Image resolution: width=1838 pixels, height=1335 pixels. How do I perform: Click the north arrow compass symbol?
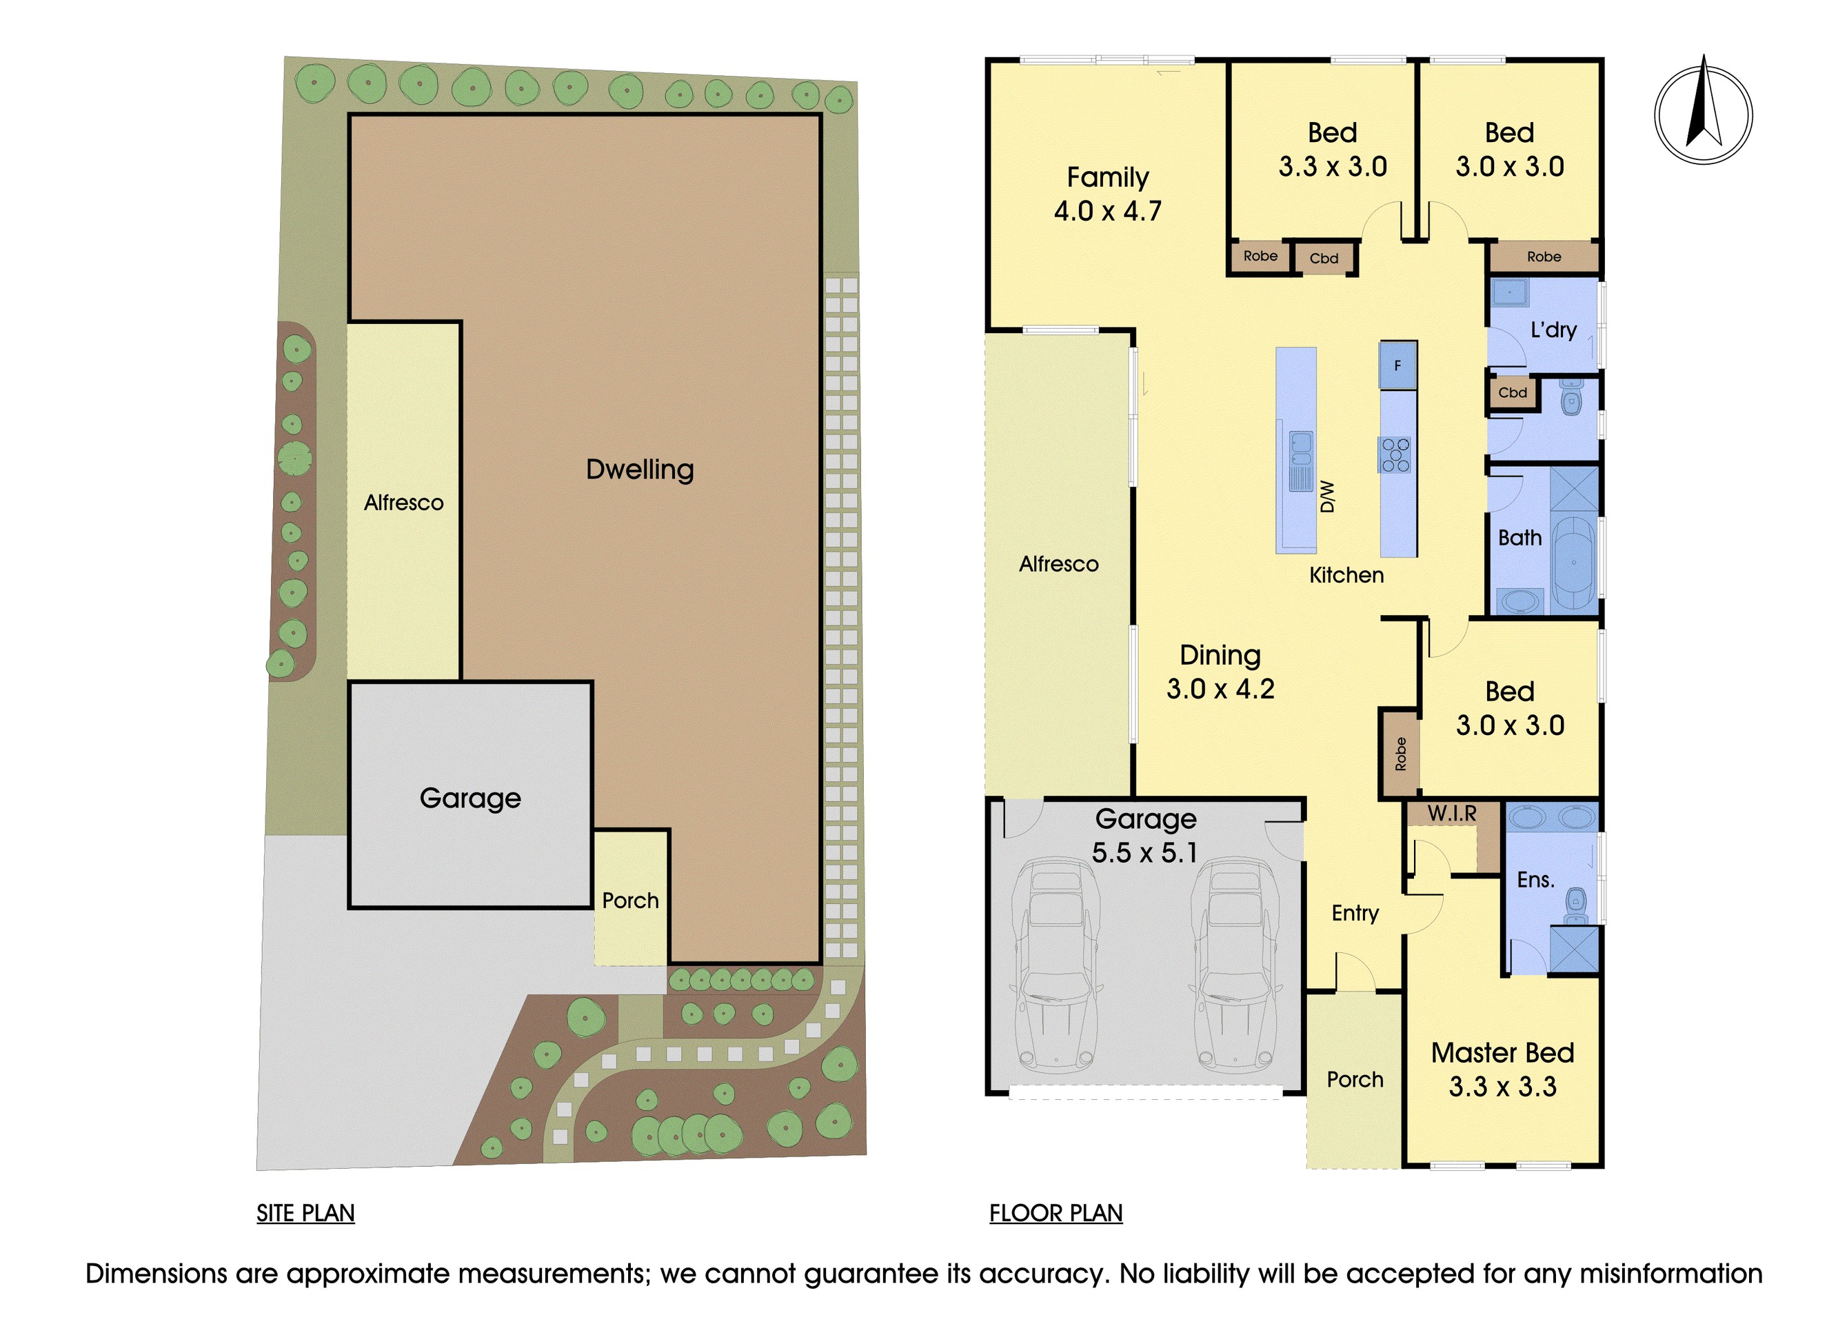[x=1703, y=114]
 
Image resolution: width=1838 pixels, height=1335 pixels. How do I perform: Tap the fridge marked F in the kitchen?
[x=1398, y=365]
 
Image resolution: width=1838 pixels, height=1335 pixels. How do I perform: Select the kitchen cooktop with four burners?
[x=1395, y=454]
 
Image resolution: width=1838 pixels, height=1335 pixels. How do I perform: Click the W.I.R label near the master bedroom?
[x=1451, y=813]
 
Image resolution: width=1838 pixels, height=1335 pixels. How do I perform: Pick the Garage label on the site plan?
[x=470, y=799]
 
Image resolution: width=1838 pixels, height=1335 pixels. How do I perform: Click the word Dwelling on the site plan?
[x=639, y=470]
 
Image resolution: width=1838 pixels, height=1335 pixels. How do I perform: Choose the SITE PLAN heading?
[x=305, y=1214]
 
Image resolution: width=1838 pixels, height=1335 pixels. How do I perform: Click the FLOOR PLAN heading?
[x=1056, y=1214]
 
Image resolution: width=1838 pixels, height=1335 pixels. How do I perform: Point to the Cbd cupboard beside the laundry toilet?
[x=1512, y=393]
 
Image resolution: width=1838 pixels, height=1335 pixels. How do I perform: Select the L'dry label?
[x=1553, y=330]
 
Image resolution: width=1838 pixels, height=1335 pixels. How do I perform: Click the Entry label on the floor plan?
[x=1355, y=914]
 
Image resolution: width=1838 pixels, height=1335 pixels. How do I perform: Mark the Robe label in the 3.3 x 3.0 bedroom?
[x=1260, y=256]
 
